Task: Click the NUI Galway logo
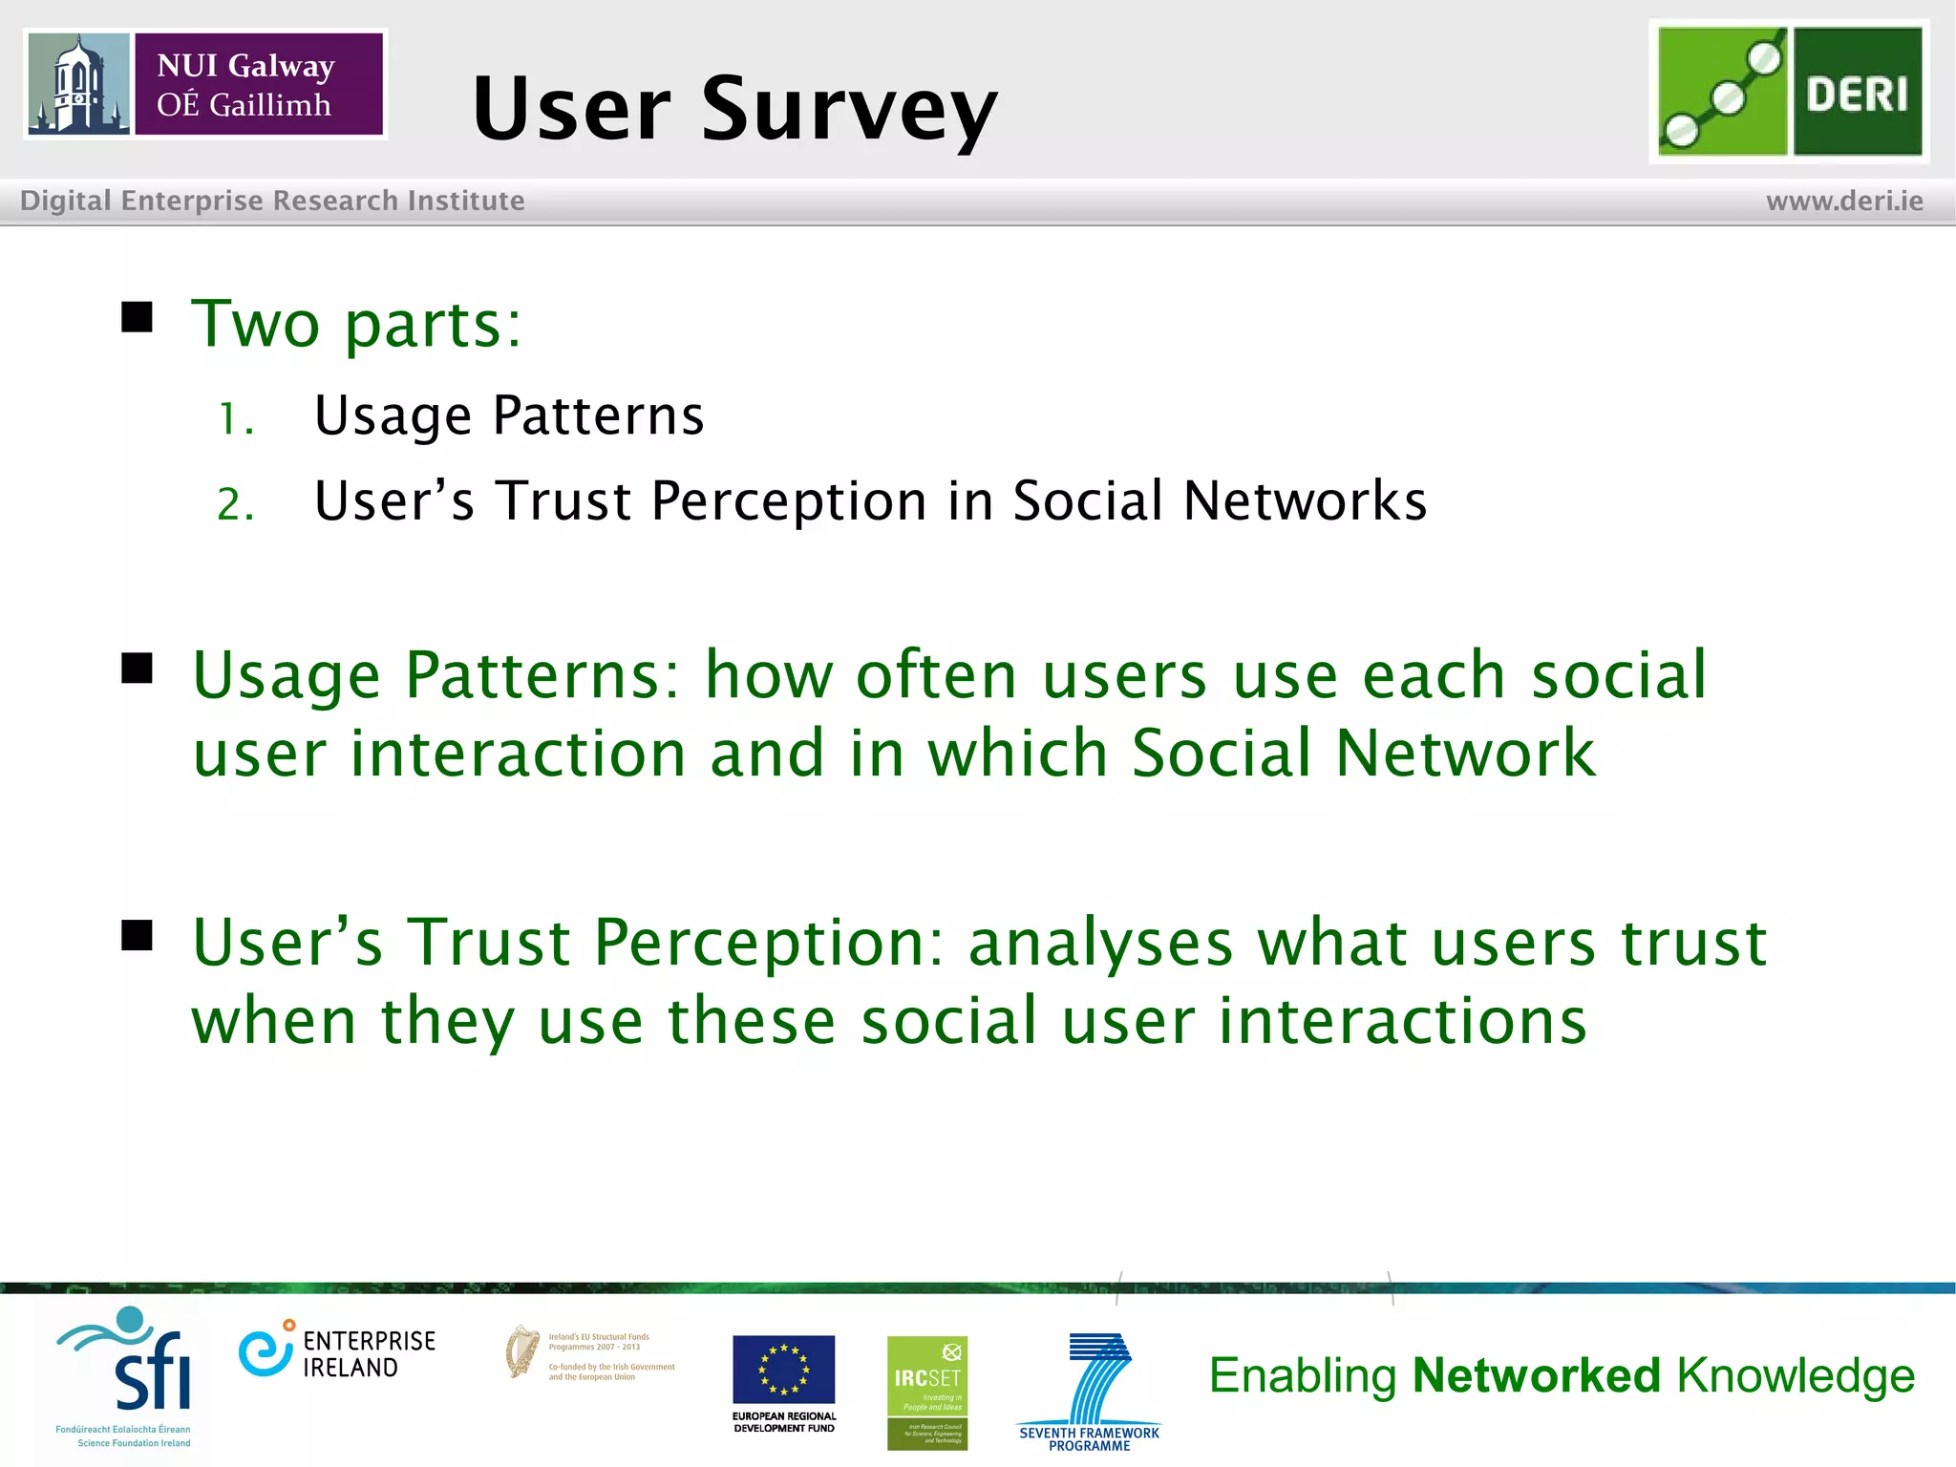[205, 84]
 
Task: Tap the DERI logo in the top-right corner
[1789, 92]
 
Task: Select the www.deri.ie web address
[1844, 202]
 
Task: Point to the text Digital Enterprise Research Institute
[272, 201]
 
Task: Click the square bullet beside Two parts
[138, 317]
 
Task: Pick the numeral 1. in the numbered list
[235, 419]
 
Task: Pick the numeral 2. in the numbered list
[235, 504]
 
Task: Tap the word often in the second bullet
[935, 675]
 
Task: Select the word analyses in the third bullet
[1100, 943]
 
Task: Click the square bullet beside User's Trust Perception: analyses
[138, 936]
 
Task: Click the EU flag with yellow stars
[783, 1369]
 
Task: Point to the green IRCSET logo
[926, 1392]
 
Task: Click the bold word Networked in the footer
[1536, 1376]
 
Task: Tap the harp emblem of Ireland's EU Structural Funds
[522, 1351]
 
